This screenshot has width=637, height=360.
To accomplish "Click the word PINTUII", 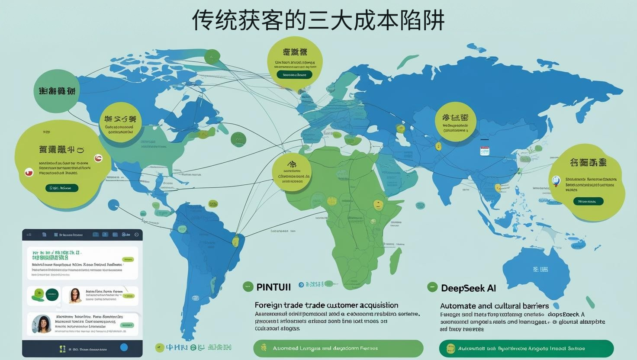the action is click(273, 287).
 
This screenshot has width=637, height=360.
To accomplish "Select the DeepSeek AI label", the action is click(468, 288).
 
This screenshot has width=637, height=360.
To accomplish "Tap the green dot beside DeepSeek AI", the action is click(432, 287).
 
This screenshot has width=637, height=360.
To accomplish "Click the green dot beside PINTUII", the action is click(248, 286).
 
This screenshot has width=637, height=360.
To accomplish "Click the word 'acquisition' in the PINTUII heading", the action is click(375, 305).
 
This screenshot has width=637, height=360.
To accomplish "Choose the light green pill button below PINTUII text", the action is click(338, 348).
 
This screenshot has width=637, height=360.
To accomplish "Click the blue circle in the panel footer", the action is click(124, 347).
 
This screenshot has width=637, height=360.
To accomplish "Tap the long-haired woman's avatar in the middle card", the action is click(75, 296).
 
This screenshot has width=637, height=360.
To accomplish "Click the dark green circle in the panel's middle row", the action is click(52, 295).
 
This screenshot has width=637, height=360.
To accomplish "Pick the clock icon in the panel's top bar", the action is click(136, 235).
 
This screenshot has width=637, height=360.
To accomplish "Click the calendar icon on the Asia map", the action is click(484, 151).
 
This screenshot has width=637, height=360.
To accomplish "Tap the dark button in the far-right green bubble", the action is click(588, 201).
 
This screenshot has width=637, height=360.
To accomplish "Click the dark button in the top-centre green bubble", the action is click(294, 74).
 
